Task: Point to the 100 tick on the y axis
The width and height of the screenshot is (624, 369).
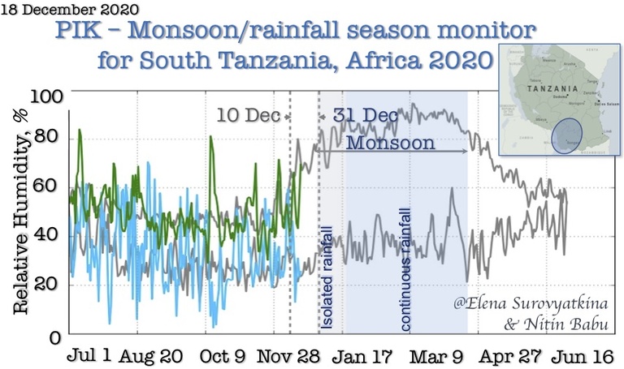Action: [46, 96]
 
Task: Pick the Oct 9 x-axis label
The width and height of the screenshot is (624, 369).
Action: [223, 356]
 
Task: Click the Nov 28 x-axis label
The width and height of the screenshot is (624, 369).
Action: [291, 356]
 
